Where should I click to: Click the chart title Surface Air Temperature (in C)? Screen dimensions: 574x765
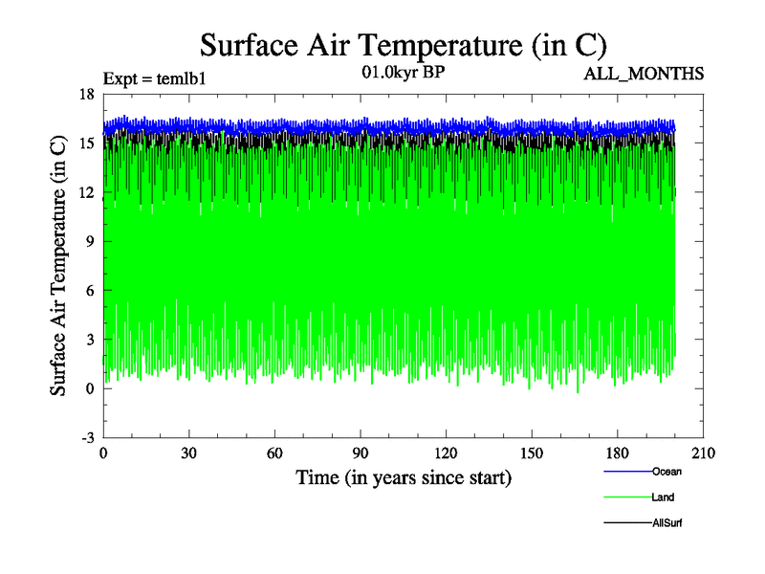tap(403, 45)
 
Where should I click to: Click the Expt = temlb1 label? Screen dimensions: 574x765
tap(155, 77)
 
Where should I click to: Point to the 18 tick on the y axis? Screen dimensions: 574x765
tap(86, 94)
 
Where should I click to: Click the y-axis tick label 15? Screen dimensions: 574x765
tap(86, 143)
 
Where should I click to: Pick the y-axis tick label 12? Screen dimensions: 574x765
tap(86, 192)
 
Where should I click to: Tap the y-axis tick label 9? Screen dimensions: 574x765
tap(89, 241)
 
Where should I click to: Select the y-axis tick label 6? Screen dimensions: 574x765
tap(89, 290)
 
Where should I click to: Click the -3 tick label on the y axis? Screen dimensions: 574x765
tap(86, 437)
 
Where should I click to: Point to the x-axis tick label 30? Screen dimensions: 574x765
tap(189, 453)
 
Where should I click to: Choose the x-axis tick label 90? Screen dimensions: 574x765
tap(361, 453)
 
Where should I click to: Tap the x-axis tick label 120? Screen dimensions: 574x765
tap(447, 453)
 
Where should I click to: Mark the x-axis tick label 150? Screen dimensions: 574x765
tap(532, 453)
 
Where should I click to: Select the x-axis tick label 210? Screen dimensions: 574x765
tap(704, 453)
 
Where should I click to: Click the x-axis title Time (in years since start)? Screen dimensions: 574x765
tap(404, 476)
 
